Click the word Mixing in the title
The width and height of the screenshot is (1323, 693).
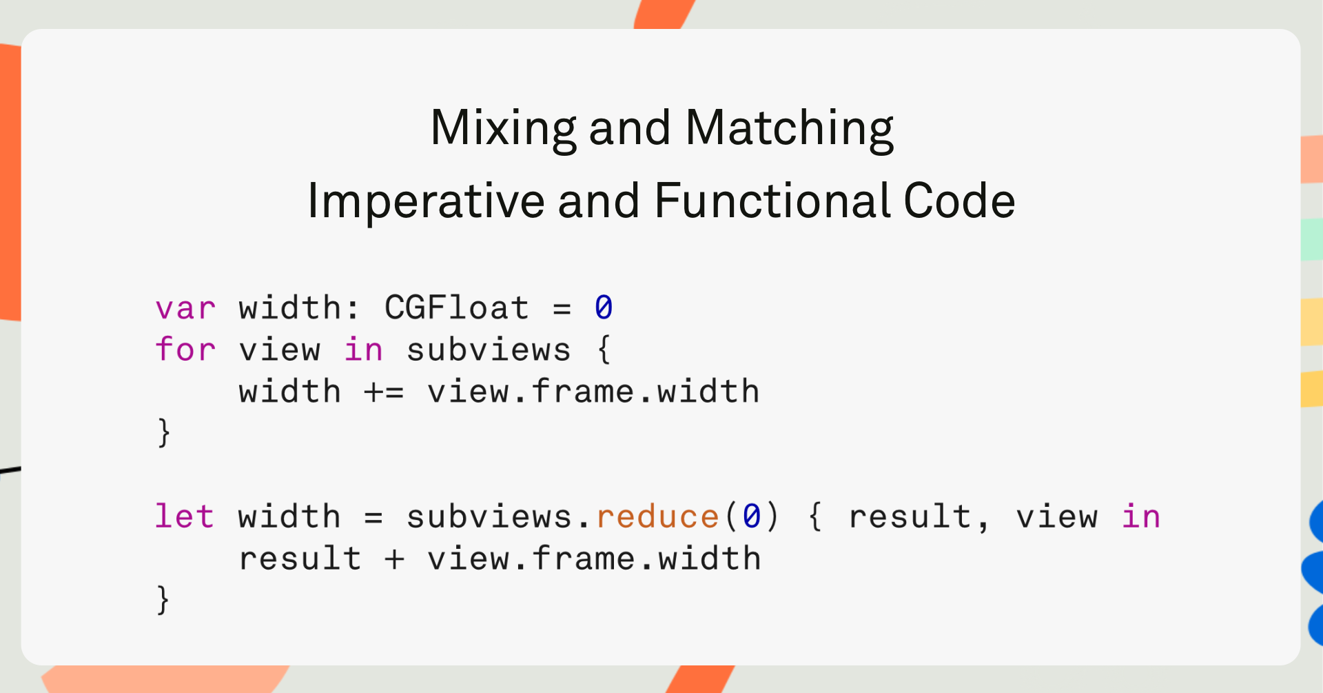point(504,129)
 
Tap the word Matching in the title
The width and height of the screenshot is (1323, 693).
point(790,129)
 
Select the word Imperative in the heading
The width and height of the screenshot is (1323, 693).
point(426,201)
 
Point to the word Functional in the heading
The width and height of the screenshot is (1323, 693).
point(772,201)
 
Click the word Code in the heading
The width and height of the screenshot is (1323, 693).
point(959,201)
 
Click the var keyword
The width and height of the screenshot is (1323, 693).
point(185,308)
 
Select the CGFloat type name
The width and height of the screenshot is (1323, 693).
point(457,308)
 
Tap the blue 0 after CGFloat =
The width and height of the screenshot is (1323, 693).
point(604,308)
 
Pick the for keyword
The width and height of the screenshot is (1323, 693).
point(185,349)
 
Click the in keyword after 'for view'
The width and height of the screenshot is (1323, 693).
point(363,349)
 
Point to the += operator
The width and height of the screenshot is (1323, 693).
point(384,392)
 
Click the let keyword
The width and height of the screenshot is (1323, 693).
point(184,516)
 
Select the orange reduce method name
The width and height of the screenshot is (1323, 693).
point(657,516)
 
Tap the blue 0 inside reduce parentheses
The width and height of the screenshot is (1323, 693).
point(752,516)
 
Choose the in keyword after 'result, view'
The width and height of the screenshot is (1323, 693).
point(1141,516)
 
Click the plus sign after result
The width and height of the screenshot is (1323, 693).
point(394,559)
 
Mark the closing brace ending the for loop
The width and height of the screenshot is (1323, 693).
point(163,433)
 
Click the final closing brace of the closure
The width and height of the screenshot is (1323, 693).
point(163,599)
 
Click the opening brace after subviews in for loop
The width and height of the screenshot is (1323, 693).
point(604,349)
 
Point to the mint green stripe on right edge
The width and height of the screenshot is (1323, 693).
point(1312,239)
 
